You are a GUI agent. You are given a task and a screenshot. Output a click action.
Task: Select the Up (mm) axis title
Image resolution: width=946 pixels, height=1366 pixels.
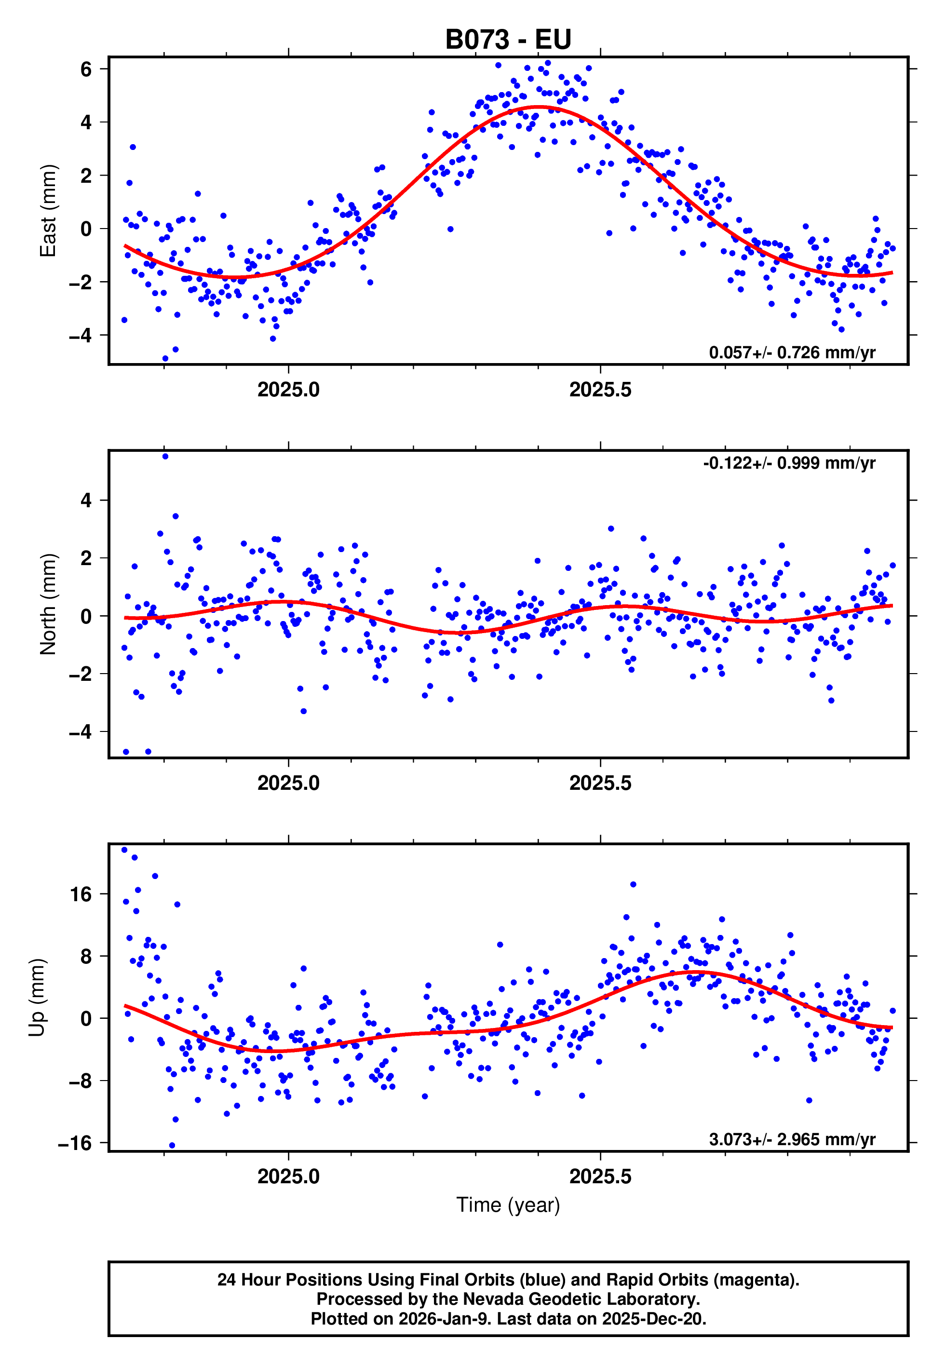pyautogui.click(x=37, y=998)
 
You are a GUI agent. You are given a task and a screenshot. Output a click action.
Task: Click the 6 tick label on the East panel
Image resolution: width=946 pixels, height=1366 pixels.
pyautogui.click(x=86, y=69)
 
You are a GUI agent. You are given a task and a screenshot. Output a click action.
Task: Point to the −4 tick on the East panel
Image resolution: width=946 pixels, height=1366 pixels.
pyautogui.click(x=80, y=336)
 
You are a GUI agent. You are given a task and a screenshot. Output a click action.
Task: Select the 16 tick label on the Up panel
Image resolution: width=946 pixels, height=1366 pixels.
pyautogui.click(x=81, y=894)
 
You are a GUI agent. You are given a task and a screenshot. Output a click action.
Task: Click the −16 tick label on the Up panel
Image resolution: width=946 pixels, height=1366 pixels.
pyautogui.click(x=75, y=1143)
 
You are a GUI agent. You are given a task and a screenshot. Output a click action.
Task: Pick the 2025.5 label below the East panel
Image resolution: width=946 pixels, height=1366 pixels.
pyautogui.click(x=600, y=390)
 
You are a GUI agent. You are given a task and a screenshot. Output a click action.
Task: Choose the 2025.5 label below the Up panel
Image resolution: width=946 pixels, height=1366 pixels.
pyautogui.click(x=600, y=1177)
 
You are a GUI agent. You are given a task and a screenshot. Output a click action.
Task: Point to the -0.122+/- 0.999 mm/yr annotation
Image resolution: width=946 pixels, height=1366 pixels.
pyautogui.click(x=789, y=463)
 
